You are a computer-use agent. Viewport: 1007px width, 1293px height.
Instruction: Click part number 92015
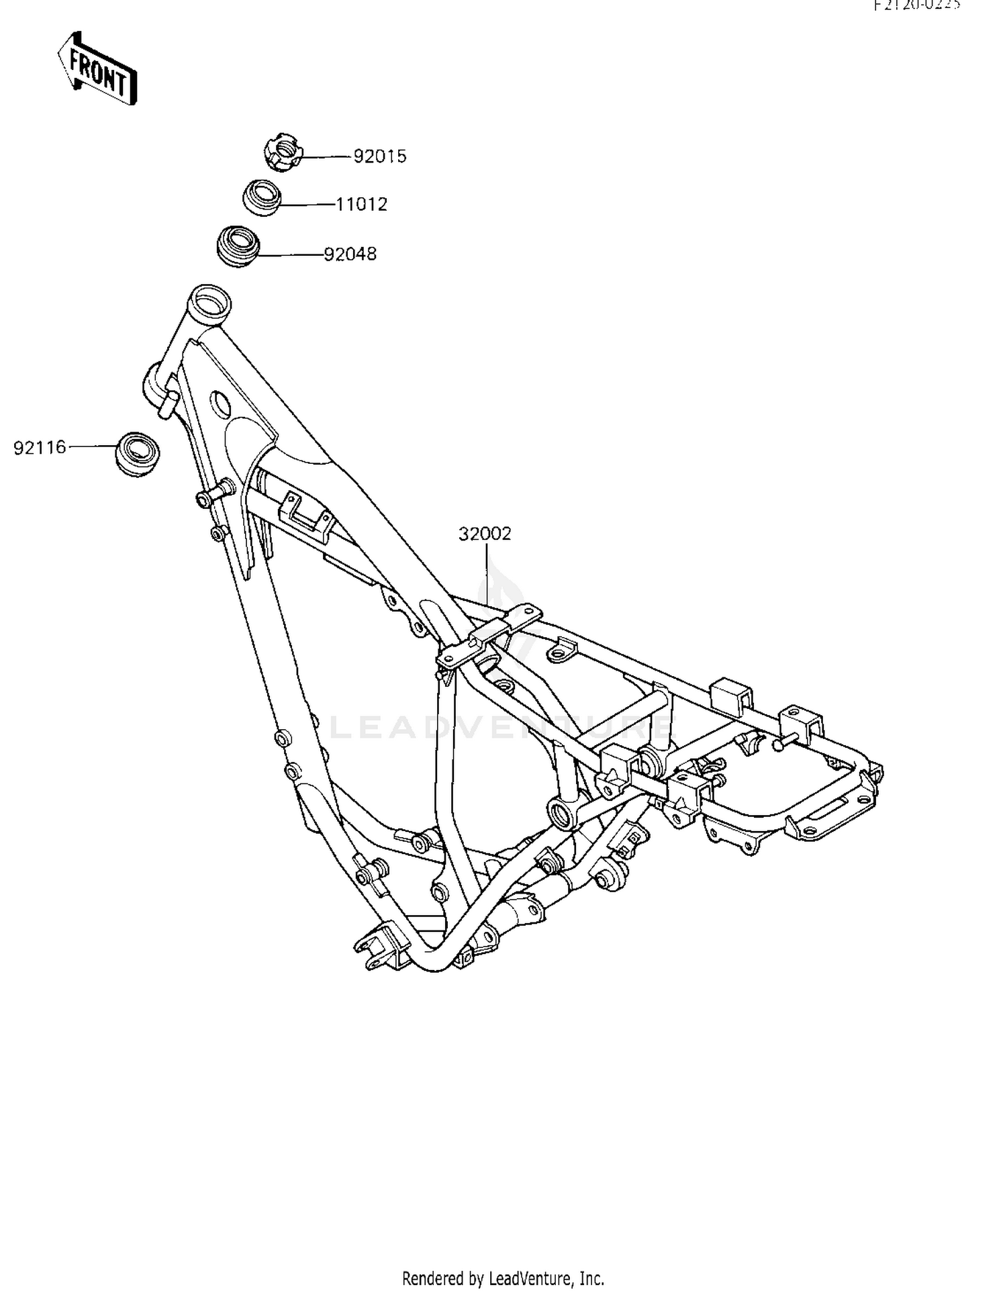[x=380, y=156]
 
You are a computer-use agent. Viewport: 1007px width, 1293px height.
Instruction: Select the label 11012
[x=362, y=204]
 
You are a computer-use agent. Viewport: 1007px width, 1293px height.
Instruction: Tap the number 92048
[x=350, y=254]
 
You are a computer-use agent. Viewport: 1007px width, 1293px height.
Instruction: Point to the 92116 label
[x=40, y=448]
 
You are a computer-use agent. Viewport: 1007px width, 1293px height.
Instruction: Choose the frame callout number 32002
[x=485, y=534]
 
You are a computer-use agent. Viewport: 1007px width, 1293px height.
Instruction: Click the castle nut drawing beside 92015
[x=282, y=152]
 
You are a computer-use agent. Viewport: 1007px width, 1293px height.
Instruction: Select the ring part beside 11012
[x=261, y=197]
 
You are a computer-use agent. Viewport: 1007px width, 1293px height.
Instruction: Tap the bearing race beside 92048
[x=237, y=246]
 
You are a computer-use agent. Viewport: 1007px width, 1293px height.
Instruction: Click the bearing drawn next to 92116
[x=138, y=454]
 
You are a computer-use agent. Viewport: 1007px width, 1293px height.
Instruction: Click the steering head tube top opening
[x=209, y=299]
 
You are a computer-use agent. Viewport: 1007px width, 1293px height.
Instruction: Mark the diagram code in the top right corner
[x=917, y=5]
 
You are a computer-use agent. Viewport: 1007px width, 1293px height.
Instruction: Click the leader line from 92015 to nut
[x=327, y=157]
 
